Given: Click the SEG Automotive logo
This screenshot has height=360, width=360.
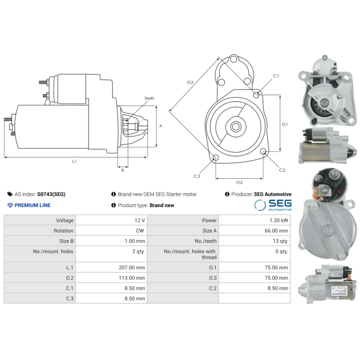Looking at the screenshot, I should point(273,205).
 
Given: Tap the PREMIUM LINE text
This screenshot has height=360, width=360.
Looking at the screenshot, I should point(32,205).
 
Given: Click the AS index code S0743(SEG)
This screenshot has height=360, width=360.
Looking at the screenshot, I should point(51,194).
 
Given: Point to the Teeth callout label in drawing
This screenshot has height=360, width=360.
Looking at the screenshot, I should point(149,98).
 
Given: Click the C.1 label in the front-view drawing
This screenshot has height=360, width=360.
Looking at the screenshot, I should point(276,76).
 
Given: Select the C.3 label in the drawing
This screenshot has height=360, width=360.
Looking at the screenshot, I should point(197,176).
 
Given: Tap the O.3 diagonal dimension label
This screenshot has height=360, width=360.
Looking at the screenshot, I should point(190,82).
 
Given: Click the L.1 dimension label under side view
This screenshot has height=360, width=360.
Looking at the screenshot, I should point(74,161).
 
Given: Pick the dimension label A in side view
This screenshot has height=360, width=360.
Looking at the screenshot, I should point(161,126).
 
